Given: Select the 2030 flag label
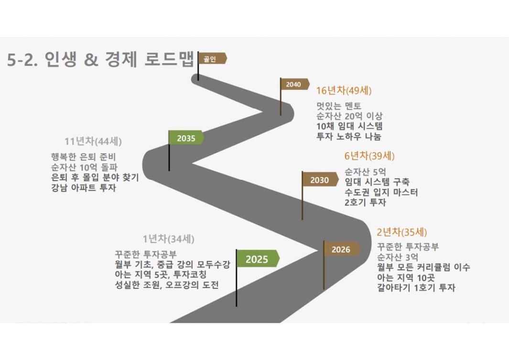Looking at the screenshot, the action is click(320, 180).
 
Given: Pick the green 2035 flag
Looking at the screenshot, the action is click(186, 138).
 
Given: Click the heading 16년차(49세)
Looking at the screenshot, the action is click(344, 90).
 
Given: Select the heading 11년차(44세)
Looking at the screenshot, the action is click(93, 142).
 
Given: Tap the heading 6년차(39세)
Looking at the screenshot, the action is click(369, 156).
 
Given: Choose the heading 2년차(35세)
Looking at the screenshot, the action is click(402, 232).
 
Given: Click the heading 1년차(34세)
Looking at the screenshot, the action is click(169, 239).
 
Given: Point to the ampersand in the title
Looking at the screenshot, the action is click(91, 60).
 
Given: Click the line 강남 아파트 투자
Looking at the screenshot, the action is click(84, 187).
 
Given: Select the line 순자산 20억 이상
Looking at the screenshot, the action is click(349, 116).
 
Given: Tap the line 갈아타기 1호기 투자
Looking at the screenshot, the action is click(416, 288).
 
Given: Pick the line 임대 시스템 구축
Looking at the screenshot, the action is click(377, 182).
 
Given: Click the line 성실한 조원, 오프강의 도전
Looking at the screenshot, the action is click(166, 285).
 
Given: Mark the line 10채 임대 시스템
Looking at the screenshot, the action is click(349, 126).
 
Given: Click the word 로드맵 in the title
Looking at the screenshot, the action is click(169, 59).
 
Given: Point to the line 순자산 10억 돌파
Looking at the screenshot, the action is click(84, 167).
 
